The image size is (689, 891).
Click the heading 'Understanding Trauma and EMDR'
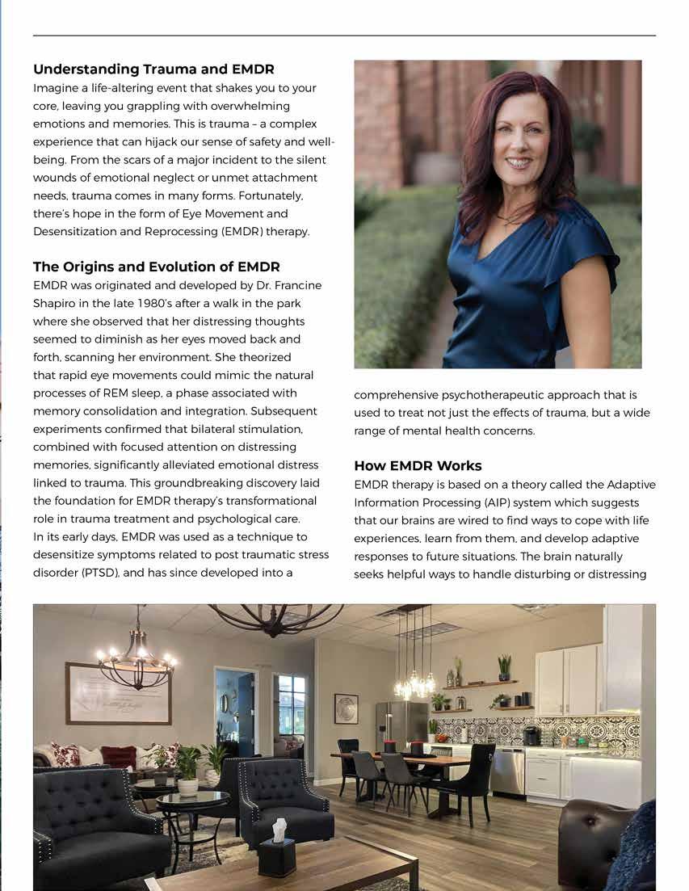153,69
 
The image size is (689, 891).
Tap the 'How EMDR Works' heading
418,465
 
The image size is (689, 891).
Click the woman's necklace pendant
507,220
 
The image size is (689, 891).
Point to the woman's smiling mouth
517,162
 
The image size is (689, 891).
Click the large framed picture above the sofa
118,693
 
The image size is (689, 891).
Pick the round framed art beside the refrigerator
346,708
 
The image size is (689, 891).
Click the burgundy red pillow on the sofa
118,757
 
